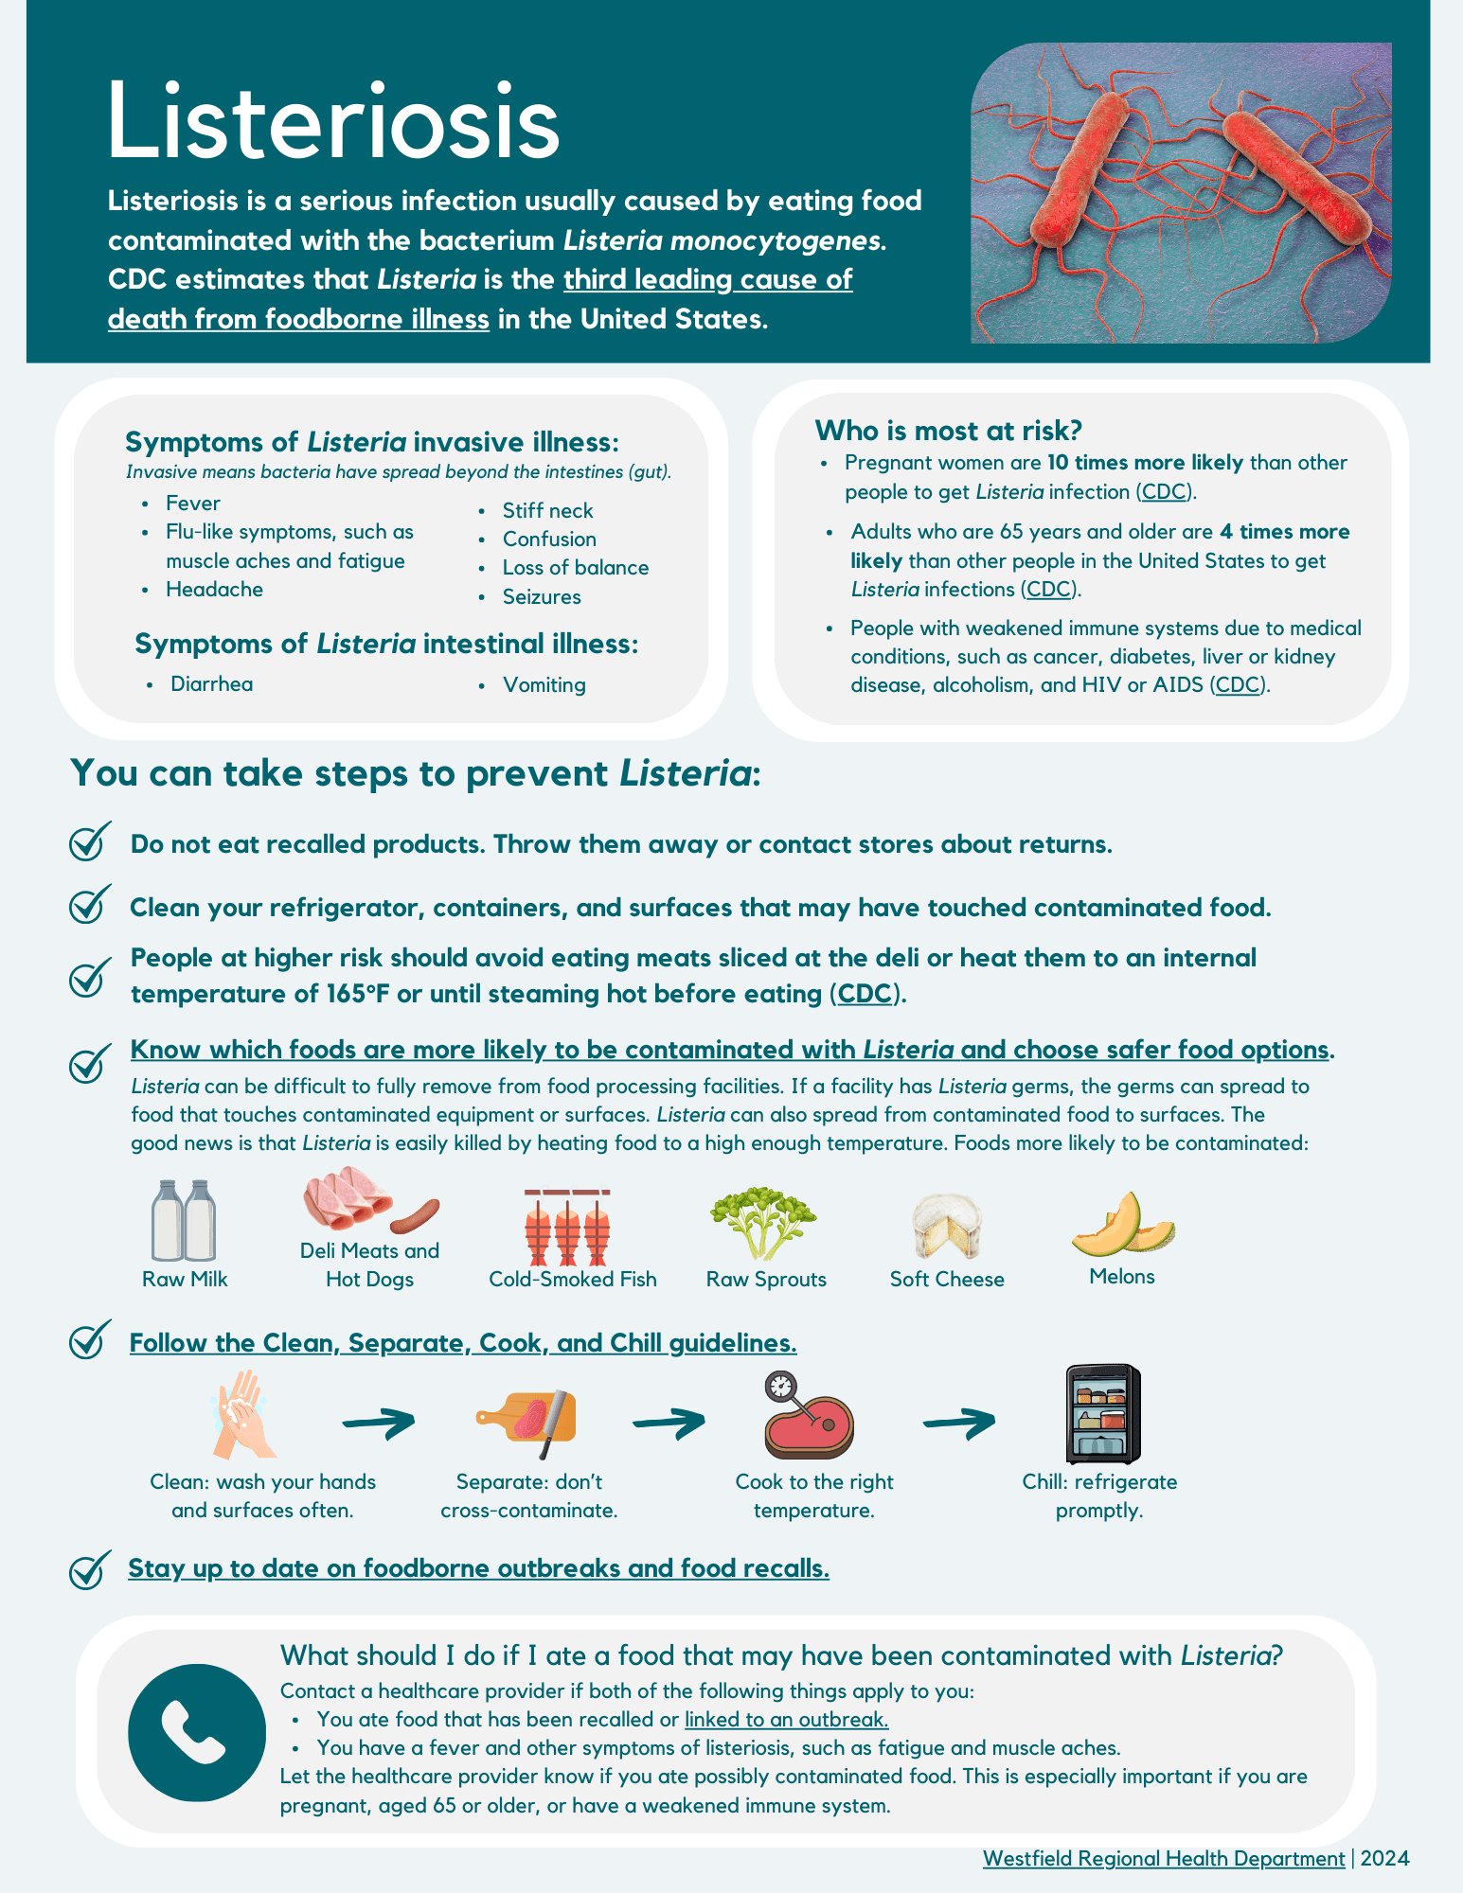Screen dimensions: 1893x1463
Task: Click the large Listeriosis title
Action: (333, 121)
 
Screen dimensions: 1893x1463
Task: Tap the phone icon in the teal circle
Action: (197, 1732)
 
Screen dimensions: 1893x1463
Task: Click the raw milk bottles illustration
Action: (184, 1220)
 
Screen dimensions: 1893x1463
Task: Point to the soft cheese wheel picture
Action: (946, 1225)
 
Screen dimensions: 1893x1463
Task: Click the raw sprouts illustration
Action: (763, 1223)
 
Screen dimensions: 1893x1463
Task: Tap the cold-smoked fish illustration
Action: (567, 1227)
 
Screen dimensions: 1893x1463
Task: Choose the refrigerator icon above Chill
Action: (1102, 1413)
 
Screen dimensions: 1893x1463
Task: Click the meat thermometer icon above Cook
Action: (807, 1416)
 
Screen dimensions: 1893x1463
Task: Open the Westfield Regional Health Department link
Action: (1164, 1858)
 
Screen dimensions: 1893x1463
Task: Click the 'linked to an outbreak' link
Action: (786, 1719)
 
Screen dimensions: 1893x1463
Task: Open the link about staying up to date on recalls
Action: (478, 1568)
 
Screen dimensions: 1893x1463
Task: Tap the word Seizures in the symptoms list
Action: (542, 596)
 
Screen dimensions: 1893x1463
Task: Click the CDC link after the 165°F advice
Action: (865, 994)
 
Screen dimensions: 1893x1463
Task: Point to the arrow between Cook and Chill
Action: (959, 1421)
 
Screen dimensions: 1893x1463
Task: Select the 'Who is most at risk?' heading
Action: (948, 431)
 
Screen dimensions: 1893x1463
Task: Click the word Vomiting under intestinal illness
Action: (544, 684)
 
